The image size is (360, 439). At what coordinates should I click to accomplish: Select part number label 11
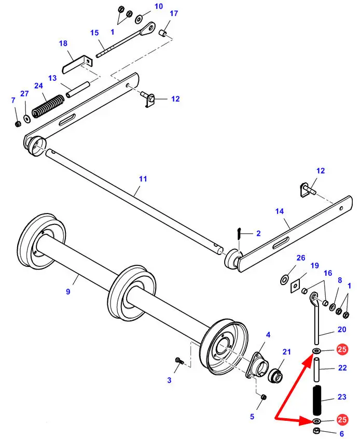tap(143, 179)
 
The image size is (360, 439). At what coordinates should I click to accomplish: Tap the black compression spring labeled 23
tap(317, 399)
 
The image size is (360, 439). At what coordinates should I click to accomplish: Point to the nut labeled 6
tap(316, 432)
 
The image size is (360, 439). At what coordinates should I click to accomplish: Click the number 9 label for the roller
tap(68, 292)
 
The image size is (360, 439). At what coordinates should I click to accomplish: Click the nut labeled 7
tap(18, 124)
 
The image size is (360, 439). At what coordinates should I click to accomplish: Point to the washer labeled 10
tap(140, 19)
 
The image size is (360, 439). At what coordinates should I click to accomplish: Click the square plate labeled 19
tap(296, 285)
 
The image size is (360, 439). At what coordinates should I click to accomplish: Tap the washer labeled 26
tap(285, 280)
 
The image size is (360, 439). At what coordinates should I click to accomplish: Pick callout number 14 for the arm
tap(280, 211)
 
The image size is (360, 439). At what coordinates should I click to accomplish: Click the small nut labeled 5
tap(263, 397)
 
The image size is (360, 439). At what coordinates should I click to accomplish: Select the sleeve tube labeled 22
tap(316, 373)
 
